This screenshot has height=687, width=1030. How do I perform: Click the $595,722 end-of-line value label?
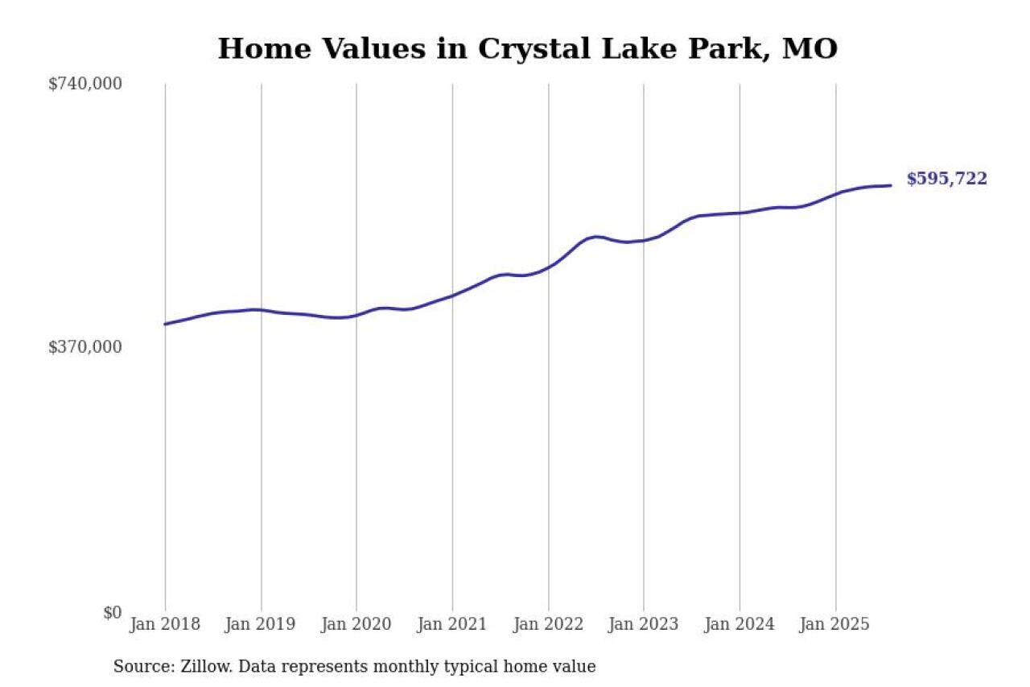[x=946, y=179]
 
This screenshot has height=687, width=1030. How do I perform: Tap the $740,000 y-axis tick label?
[x=85, y=84]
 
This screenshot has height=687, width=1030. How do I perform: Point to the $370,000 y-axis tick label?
[x=85, y=347]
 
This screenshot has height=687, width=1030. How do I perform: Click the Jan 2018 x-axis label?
[x=165, y=625]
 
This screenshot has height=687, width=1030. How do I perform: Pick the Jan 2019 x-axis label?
[x=261, y=625]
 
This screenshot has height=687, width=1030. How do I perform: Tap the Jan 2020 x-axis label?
[x=356, y=625]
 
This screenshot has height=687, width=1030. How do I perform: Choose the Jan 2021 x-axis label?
[x=452, y=625]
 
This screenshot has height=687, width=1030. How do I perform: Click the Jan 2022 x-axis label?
[x=548, y=625]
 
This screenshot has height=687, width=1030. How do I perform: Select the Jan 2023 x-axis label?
[x=644, y=625]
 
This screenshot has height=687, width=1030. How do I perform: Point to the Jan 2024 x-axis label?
[x=740, y=625]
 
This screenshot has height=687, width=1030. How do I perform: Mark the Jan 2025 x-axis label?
[x=835, y=625]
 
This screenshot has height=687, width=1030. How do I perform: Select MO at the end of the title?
[x=811, y=48]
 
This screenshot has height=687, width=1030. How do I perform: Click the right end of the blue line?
[x=891, y=185]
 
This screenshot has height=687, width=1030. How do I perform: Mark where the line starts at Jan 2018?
[x=165, y=324]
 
